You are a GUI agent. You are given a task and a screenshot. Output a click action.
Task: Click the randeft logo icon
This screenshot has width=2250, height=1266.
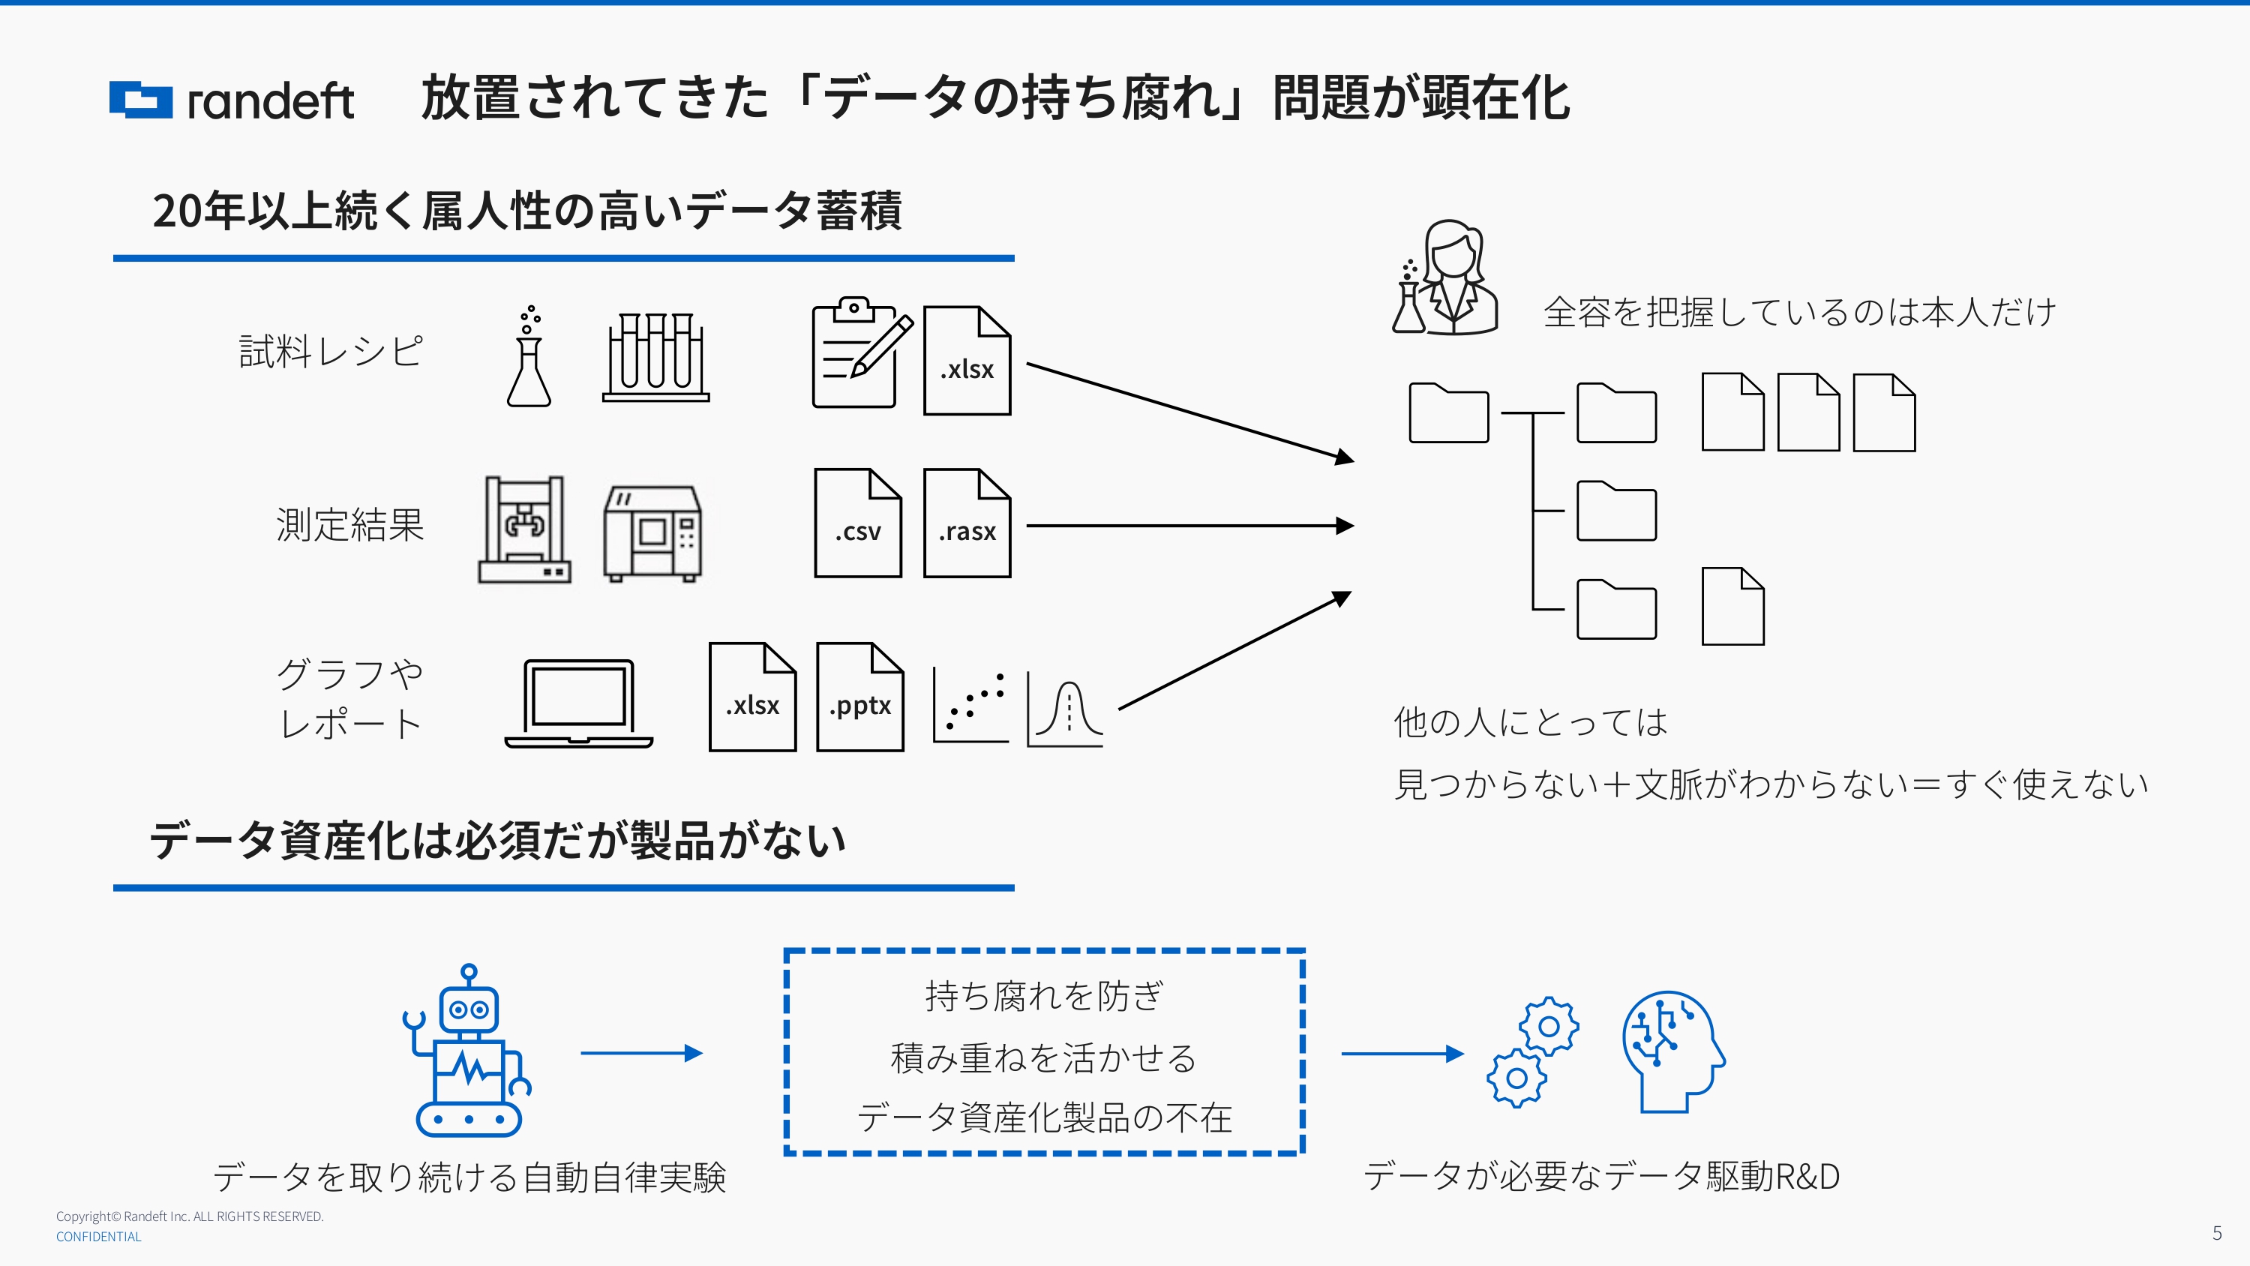click(141, 100)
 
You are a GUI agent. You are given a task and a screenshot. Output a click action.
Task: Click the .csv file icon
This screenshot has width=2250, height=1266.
click(858, 523)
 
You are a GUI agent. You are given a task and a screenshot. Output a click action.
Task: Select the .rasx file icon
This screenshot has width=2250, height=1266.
click(967, 523)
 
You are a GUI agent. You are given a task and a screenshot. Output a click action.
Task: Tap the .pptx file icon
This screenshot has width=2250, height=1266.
click(859, 697)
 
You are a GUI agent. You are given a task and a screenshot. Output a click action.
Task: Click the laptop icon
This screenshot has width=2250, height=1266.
click(578, 704)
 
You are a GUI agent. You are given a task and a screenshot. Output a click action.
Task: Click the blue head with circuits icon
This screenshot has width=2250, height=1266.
click(1672, 1052)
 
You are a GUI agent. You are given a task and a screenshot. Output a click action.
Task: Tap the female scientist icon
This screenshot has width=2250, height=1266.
click(1447, 277)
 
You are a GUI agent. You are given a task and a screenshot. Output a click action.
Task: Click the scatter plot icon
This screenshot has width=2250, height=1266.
click(970, 706)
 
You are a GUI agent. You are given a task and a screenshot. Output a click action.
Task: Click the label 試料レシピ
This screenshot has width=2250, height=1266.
click(331, 351)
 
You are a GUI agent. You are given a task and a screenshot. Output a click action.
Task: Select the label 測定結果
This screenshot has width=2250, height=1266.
click(350, 525)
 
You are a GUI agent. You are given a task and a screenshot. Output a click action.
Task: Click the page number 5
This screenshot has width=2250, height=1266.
click(2217, 1233)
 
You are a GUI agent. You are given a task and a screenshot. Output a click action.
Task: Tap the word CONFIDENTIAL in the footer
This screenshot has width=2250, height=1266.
click(99, 1236)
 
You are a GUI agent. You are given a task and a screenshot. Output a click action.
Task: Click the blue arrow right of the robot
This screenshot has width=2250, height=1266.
click(641, 1053)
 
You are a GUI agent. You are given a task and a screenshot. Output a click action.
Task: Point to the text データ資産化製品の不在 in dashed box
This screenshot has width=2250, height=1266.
click(1044, 1117)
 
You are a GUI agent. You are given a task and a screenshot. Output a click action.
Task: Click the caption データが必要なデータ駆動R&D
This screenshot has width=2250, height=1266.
click(1601, 1176)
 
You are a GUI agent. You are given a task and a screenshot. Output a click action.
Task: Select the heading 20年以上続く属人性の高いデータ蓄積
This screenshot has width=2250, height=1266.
click(526, 211)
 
